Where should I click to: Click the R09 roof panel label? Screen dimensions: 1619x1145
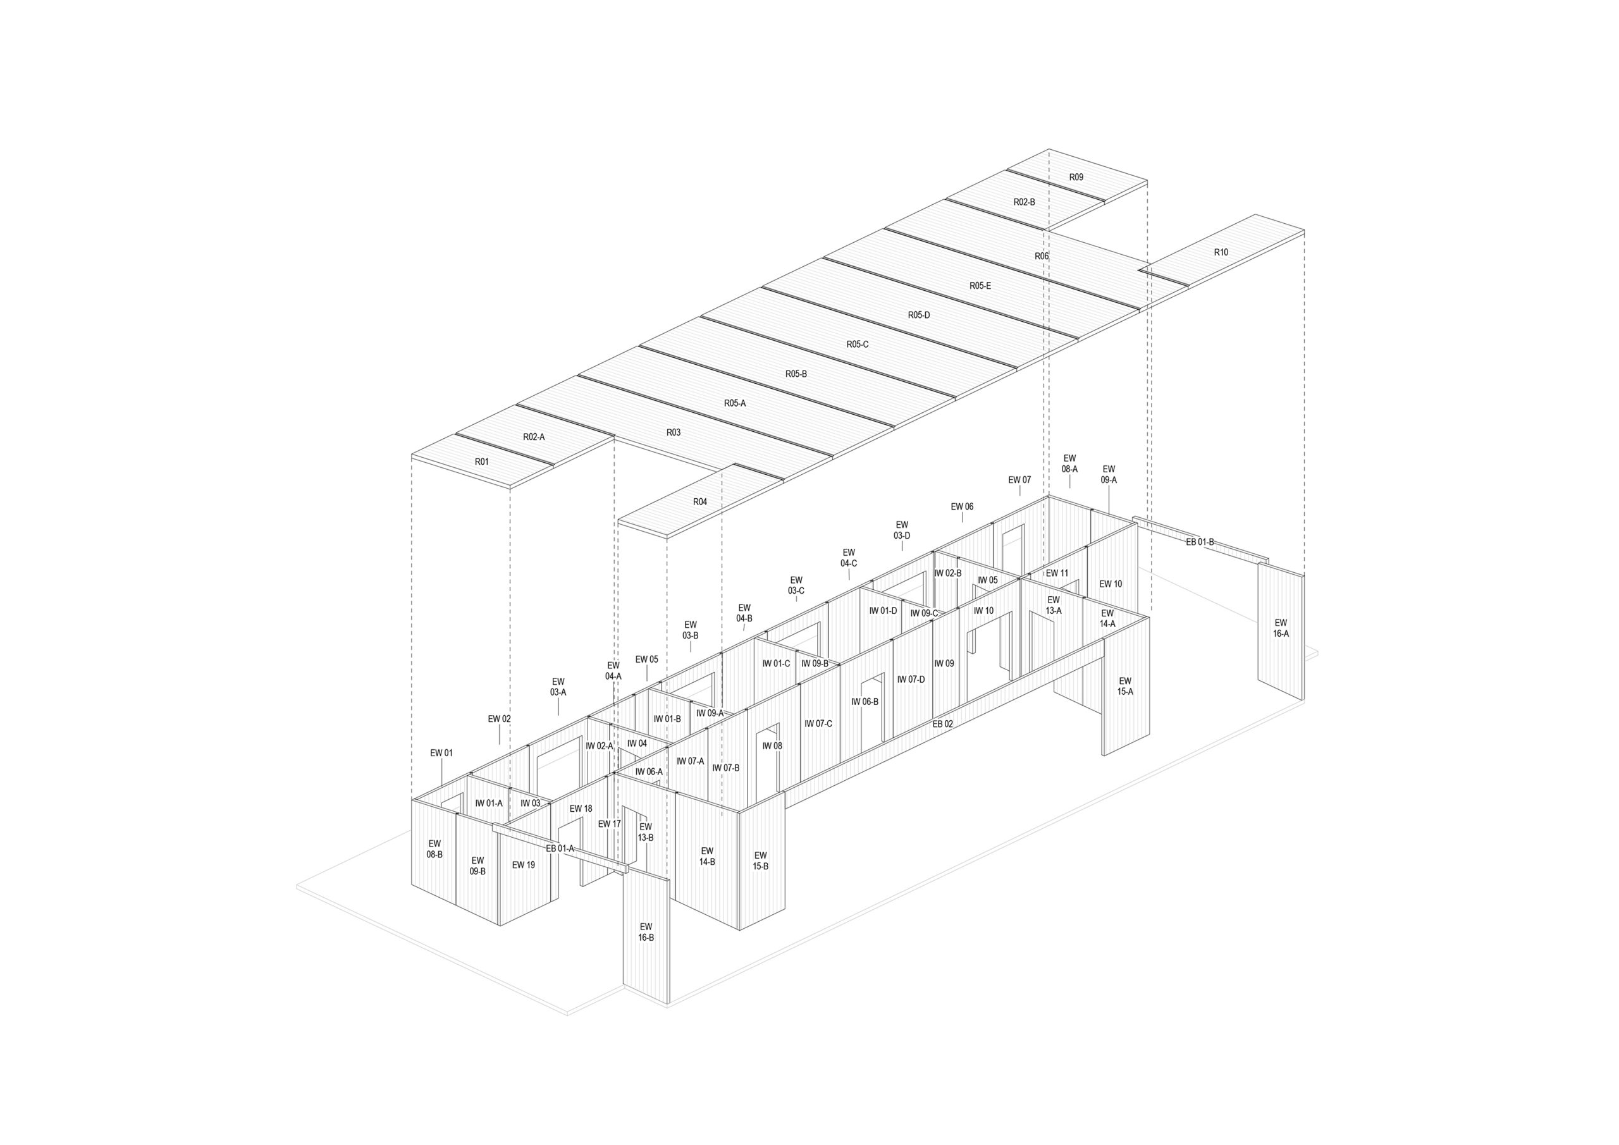tap(1076, 177)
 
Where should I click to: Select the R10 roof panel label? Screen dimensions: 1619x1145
tap(1221, 252)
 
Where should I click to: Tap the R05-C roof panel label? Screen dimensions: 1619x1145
tap(858, 345)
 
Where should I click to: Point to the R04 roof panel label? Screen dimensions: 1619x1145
tap(699, 502)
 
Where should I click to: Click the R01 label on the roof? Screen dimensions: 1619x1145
tap(482, 462)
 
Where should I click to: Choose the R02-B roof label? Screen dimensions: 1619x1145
tap(1025, 202)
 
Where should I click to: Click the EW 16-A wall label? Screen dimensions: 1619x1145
tap(1281, 628)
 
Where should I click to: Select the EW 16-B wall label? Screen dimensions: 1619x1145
tap(646, 932)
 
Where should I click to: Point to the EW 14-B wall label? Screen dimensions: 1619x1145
tap(707, 856)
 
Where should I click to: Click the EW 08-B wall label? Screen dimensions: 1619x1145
tap(434, 849)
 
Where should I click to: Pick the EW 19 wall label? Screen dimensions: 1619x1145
tap(523, 865)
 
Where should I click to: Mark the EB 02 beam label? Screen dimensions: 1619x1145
tap(943, 724)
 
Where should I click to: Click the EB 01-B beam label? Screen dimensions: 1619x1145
tap(1200, 542)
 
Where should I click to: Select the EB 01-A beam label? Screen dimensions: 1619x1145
tap(560, 849)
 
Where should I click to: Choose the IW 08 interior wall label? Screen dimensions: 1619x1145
tap(772, 746)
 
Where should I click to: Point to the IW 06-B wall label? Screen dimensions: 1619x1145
tap(865, 702)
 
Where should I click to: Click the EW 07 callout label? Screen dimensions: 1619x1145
tap(1019, 480)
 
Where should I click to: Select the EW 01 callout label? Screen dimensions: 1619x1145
tap(441, 753)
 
